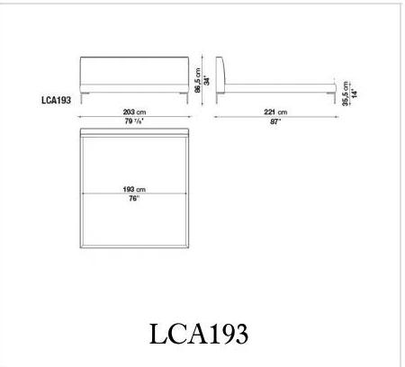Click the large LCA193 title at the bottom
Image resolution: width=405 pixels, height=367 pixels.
click(x=199, y=334)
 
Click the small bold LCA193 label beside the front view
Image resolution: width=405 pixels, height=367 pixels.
click(x=56, y=100)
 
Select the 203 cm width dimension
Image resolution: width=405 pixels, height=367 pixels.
click(x=134, y=112)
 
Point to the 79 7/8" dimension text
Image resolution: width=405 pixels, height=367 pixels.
click(x=134, y=121)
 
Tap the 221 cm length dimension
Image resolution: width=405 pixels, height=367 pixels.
click(x=275, y=112)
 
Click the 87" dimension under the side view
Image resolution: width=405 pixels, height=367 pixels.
click(x=275, y=121)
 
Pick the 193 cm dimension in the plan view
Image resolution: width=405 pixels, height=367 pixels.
click(x=134, y=190)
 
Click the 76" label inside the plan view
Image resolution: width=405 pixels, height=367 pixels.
click(x=134, y=199)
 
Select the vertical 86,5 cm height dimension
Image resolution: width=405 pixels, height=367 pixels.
click(x=198, y=80)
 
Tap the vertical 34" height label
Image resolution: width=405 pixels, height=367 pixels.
click(x=207, y=81)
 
